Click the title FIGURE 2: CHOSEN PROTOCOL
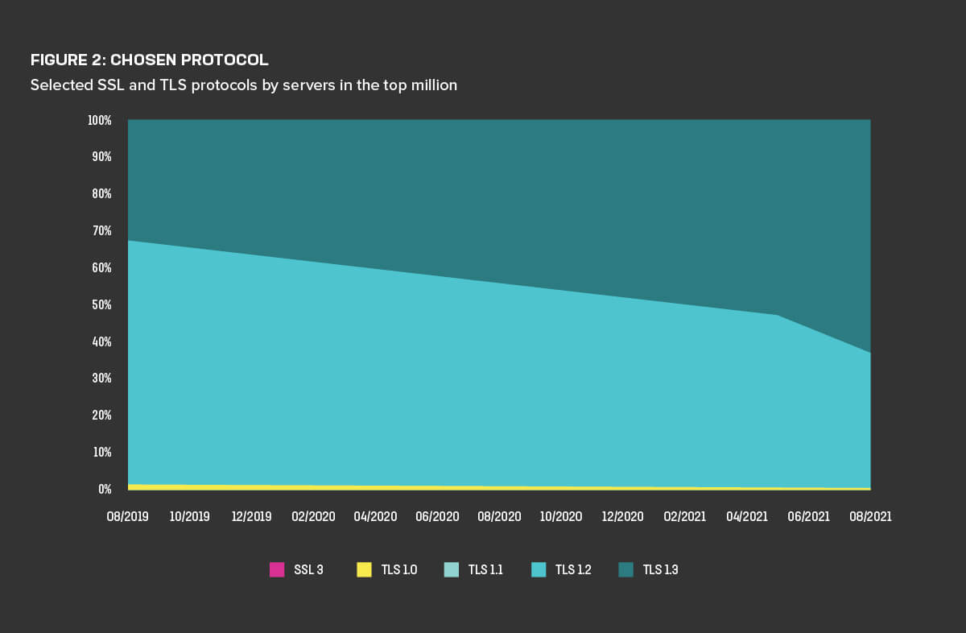[x=149, y=60]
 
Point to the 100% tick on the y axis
[x=99, y=120]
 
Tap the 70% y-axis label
[x=101, y=231]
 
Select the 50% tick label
[x=101, y=305]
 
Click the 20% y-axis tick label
[x=101, y=416]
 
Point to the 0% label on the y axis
[x=105, y=489]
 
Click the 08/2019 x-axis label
[x=128, y=516]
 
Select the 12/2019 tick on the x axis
[x=252, y=516]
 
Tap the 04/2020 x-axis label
[x=376, y=516]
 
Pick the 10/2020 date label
[x=561, y=516]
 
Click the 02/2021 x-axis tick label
[x=685, y=516]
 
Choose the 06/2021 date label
[x=808, y=516]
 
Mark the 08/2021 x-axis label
[x=870, y=516]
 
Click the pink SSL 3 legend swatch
[x=277, y=570]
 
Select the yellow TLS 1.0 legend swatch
[x=364, y=570]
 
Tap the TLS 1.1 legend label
[x=485, y=570]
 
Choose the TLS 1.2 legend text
[x=572, y=570]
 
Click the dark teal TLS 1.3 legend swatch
[x=626, y=570]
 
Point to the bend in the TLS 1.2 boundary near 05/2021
[x=778, y=315]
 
